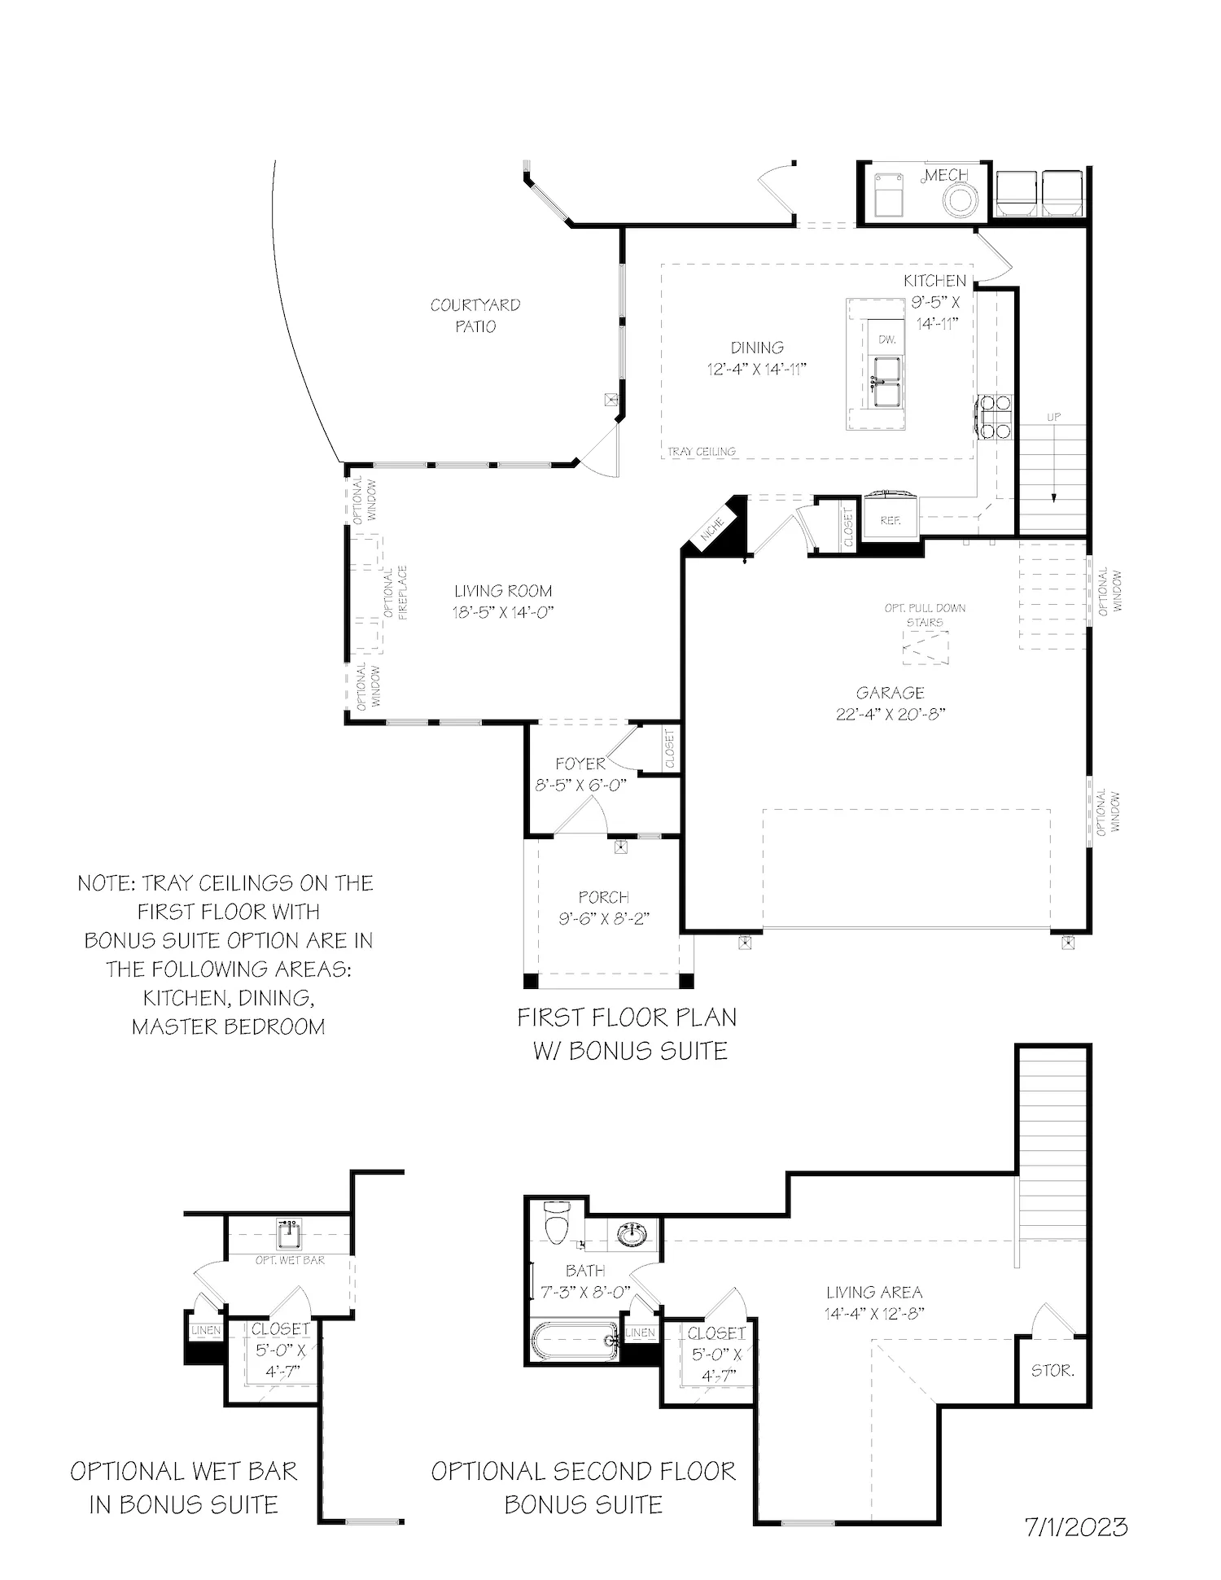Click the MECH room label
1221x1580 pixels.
946,175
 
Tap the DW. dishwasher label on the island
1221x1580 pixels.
887,339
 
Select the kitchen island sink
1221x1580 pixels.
887,380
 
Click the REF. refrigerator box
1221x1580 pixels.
890,519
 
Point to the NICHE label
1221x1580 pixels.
713,530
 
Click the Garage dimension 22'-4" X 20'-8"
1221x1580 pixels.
890,715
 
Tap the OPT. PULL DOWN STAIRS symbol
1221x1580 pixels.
926,649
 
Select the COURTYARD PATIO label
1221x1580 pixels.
475,315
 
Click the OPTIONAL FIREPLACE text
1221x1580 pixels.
395,593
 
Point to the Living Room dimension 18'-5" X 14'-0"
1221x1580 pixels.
503,613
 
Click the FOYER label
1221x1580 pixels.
580,764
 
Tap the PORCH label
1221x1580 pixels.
603,897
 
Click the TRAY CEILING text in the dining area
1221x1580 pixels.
701,451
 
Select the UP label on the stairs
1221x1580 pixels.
1053,417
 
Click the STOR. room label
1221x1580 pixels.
1053,1370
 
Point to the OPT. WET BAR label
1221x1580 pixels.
290,1259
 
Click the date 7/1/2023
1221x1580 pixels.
1076,1526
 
